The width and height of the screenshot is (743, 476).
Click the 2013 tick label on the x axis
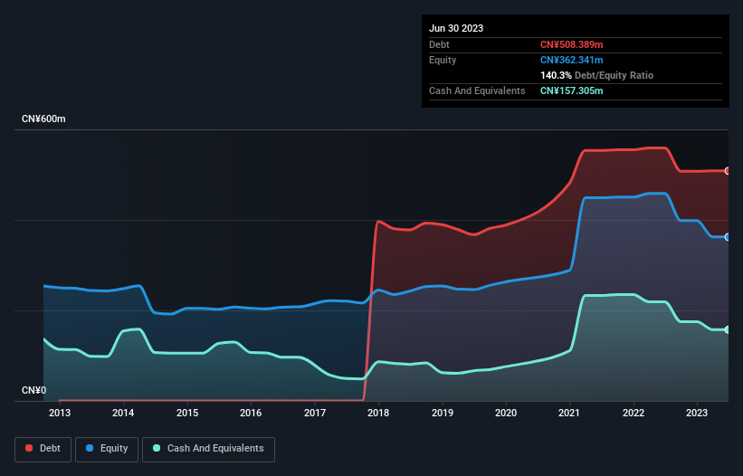click(60, 414)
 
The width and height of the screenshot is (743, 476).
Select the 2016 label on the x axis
click(251, 414)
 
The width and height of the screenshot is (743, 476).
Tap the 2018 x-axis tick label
click(378, 414)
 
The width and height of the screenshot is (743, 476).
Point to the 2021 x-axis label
click(570, 414)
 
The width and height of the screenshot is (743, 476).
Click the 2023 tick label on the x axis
click(698, 414)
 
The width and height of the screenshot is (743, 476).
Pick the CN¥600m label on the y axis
click(44, 119)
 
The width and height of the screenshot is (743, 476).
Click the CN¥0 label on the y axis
click(34, 391)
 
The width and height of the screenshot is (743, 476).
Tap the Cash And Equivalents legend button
click(208, 448)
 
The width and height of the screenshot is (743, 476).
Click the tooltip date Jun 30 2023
click(456, 28)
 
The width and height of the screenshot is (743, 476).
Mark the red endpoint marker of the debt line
click(727, 171)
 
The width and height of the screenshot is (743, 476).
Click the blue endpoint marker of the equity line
click(727, 237)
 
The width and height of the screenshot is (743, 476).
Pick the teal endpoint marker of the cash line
click(727, 329)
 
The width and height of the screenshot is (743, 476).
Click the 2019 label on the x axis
click(443, 414)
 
